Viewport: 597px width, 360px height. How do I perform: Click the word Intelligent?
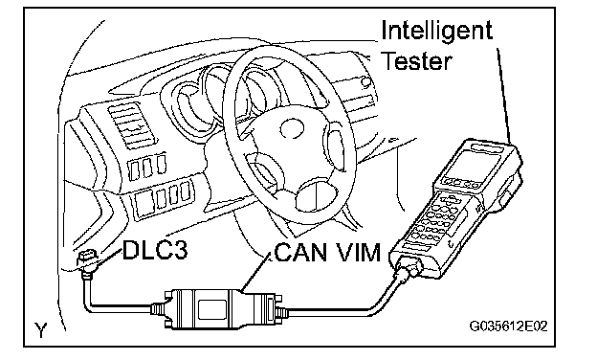tap(436, 32)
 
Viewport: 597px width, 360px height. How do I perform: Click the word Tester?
tap(416, 61)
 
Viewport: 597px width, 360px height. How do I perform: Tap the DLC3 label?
tap(155, 250)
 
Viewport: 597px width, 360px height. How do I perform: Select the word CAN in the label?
tap(300, 252)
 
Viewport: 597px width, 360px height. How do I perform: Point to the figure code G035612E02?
tap(508, 326)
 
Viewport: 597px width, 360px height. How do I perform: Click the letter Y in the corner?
tap(41, 330)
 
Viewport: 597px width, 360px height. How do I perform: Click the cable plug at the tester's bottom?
tap(409, 266)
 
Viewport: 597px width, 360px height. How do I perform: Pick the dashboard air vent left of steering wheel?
tap(131, 126)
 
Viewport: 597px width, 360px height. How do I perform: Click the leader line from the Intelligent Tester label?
tap(504, 95)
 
